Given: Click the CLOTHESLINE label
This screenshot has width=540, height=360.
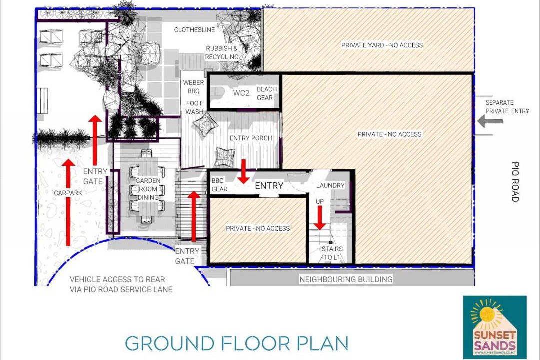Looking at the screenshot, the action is click(194, 30).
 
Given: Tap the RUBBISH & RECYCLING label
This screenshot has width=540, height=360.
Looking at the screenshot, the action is click(222, 52).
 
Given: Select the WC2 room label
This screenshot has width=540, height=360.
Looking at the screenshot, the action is click(241, 93).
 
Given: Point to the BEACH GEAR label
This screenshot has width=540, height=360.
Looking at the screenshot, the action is click(266, 93).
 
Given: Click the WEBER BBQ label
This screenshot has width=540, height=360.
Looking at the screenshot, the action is click(193, 87).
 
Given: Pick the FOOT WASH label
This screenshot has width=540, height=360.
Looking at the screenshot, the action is click(194, 107).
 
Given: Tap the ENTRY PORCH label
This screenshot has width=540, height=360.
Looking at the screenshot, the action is click(251, 138).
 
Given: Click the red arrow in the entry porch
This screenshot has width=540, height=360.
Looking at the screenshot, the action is click(244, 171).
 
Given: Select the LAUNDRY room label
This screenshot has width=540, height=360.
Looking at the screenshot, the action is click(330, 185).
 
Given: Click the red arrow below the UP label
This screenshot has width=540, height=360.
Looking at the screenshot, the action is click(320, 217).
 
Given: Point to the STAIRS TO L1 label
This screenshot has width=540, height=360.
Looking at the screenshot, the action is click(331, 253).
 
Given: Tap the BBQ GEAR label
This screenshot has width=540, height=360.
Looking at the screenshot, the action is click(219, 185).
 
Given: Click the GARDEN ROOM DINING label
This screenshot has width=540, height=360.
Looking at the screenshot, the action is click(148, 189).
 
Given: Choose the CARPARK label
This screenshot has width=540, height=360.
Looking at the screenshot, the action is click(68, 193).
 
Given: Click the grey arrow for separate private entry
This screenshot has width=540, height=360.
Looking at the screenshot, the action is click(490, 121).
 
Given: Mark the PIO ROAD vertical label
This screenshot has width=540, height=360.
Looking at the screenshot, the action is click(515, 182).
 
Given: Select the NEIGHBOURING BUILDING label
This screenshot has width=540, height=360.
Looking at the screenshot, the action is click(346, 279).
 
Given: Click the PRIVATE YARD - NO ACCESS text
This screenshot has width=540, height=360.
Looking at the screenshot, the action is click(382, 45).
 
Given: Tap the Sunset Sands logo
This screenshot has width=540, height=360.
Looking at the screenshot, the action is click(495, 327).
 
